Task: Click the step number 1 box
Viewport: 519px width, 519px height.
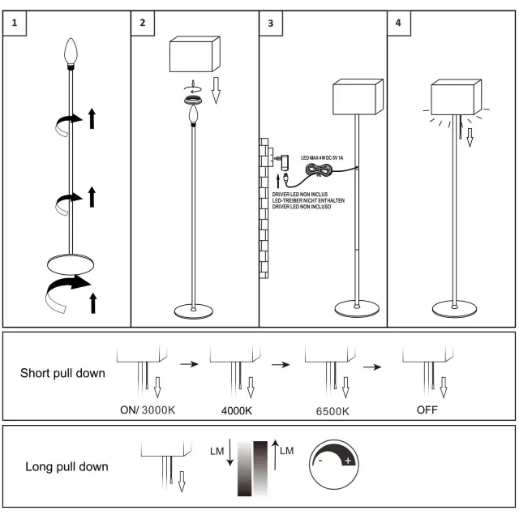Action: pyautogui.click(x=15, y=23)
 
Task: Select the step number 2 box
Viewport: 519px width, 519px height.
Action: pyautogui.click(x=142, y=23)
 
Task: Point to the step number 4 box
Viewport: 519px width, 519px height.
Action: pyautogui.click(x=397, y=23)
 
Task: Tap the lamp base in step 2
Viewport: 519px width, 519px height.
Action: pyautogui.click(x=194, y=311)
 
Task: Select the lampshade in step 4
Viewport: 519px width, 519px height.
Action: pyautogui.click(x=456, y=98)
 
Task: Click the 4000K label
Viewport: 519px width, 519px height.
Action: pyautogui.click(x=237, y=410)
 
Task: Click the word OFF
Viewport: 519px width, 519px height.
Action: pyautogui.click(x=427, y=410)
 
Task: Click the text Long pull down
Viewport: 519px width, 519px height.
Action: pyautogui.click(x=66, y=466)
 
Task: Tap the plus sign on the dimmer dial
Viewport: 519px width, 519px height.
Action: pyautogui.click(x=349, y=461)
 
